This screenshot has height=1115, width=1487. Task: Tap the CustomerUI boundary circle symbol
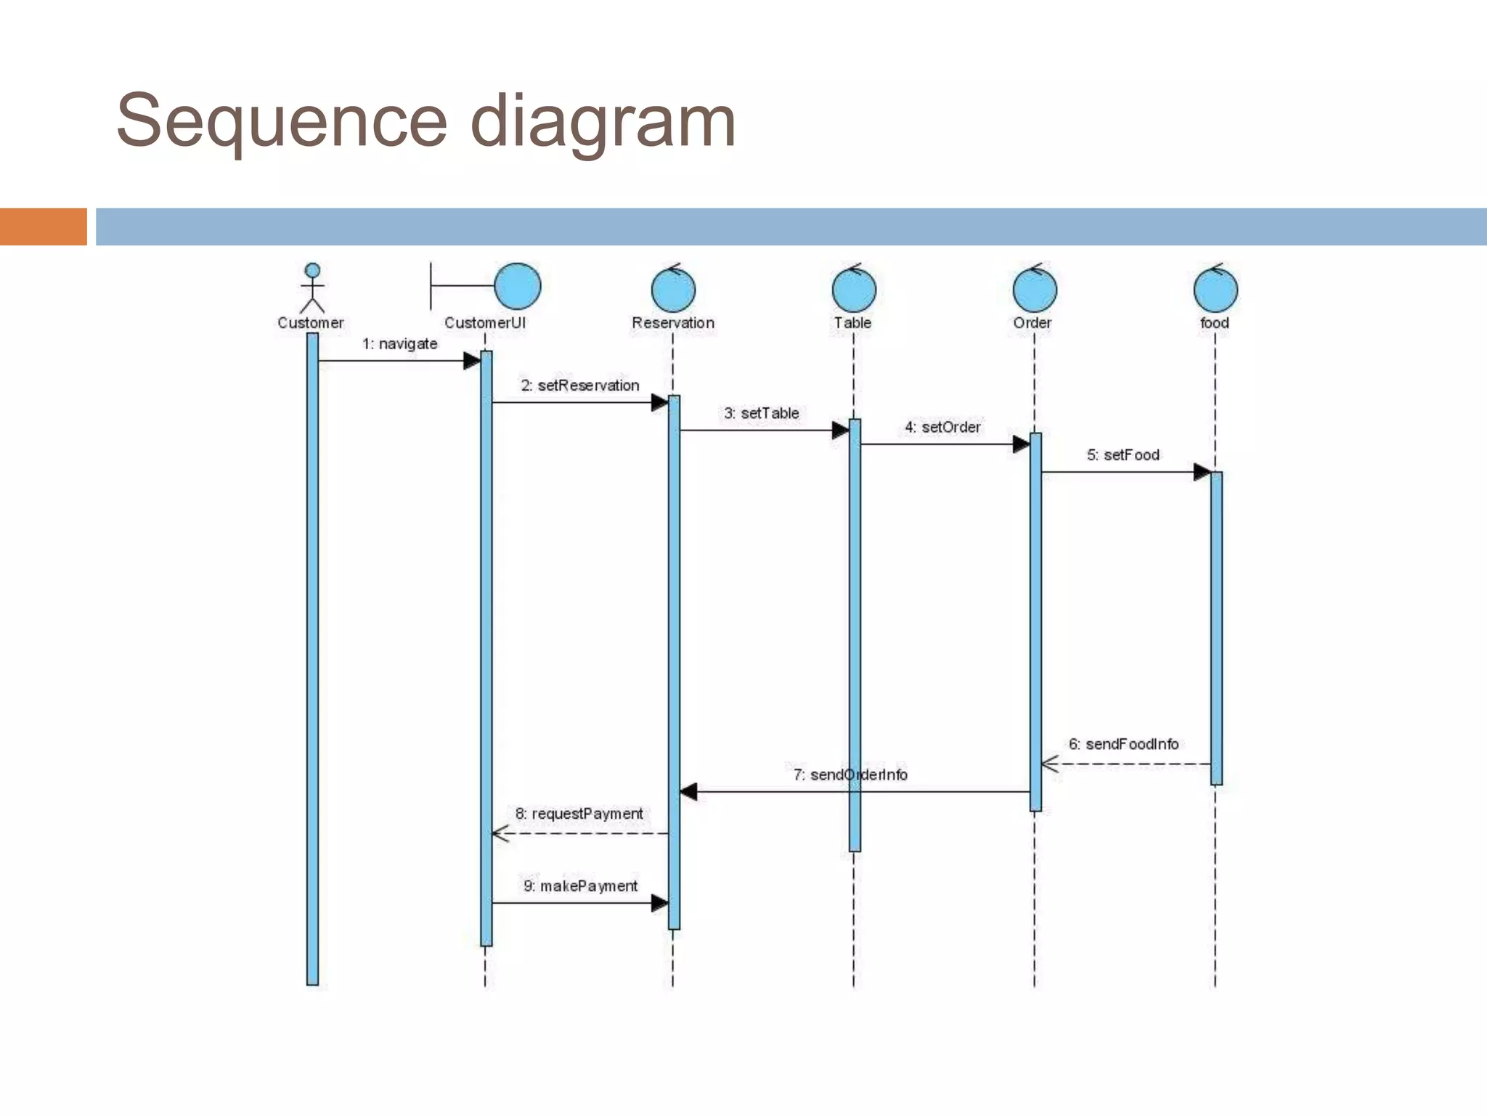click(517, 286)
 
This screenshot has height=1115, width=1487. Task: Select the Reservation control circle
click(673, 289)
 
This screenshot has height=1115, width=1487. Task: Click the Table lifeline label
click(852, 323)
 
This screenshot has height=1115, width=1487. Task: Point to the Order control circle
click(1035, 289)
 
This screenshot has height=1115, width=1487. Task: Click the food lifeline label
click(1215, 323)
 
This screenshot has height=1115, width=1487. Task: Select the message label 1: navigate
click(400, 344)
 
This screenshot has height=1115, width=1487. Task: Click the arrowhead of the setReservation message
click(659, 402)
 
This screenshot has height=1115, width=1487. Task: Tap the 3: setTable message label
click(761, 413)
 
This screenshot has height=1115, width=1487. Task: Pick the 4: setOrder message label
click(942, 428)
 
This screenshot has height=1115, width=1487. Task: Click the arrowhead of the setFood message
click(1202, 472)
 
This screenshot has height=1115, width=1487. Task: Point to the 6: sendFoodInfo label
click(1123, 744)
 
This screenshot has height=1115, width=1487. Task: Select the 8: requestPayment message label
click(579, 814)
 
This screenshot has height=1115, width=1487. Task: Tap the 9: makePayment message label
click(580, 886)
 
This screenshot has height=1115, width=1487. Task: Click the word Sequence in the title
click(282, 121)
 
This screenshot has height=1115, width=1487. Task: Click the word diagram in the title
click(603, 121)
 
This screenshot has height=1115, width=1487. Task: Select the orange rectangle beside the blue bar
click(43, 226)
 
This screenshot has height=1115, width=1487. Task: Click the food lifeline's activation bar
click(1216, 628)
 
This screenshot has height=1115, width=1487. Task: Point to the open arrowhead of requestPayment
click(500, 833)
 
